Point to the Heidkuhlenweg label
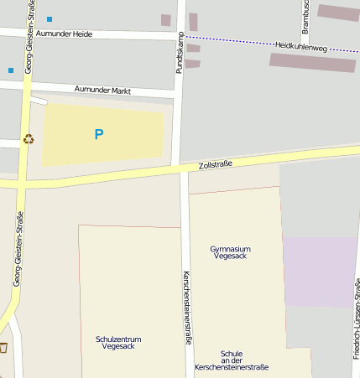[x=300, y=45]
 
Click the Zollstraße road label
[x=215, y=165]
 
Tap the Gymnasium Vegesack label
[x=230, y=253]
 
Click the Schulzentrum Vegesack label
[x=118, y=342]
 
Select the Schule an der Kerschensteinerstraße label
[x=231, y=360]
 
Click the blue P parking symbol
[x=99, y=134]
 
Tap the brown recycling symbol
[x=29, y=139]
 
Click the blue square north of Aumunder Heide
[x=50, y=18]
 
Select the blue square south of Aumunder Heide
[x=11, y=70]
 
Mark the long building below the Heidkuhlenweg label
[x=312, y=63]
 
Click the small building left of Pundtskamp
[x=165, y=20]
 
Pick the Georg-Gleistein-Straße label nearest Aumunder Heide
[x=29, y=38]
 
